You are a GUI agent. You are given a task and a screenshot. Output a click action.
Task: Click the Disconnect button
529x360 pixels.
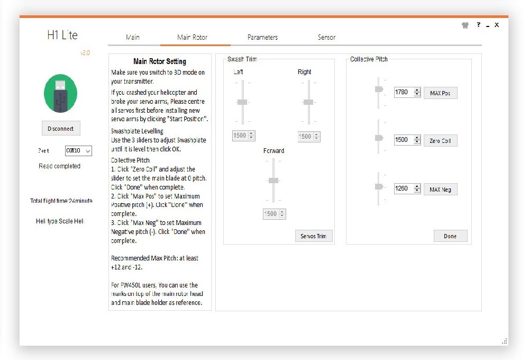coord(61,128)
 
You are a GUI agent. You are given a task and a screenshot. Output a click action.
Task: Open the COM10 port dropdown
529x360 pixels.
coord(78,151)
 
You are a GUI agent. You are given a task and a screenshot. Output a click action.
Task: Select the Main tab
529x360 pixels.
coord(133,37)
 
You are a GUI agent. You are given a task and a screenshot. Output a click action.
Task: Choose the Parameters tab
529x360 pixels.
coord(262,37)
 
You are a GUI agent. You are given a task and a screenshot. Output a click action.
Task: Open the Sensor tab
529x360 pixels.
coord(326,37)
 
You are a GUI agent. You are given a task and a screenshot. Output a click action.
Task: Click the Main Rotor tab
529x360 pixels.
coord(193,37)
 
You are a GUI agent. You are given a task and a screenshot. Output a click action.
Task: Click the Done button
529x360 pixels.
coord(450,236)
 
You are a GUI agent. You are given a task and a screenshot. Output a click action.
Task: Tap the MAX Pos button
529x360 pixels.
coord(440,93)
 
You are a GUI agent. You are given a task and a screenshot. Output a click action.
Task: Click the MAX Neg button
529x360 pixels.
coord(440,190)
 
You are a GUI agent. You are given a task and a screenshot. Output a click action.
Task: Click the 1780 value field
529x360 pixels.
coord(404,92)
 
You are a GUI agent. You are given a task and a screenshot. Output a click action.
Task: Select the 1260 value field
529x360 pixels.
coord(404,188)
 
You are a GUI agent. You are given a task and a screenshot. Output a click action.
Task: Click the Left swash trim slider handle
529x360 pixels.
coord(242,102)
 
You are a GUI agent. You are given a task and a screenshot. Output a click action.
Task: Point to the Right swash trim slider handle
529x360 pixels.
coord(308,102)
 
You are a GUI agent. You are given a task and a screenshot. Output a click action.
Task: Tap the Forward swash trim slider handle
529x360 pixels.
coord(273,181)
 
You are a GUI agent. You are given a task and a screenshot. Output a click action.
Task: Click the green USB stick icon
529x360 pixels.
coord(60,93)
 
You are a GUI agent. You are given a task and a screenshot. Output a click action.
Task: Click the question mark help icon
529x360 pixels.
coord(478,24)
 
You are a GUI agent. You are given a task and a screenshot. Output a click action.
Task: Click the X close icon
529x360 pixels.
coord(497,25)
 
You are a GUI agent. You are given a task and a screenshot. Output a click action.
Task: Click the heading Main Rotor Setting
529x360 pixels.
coord(160,61)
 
